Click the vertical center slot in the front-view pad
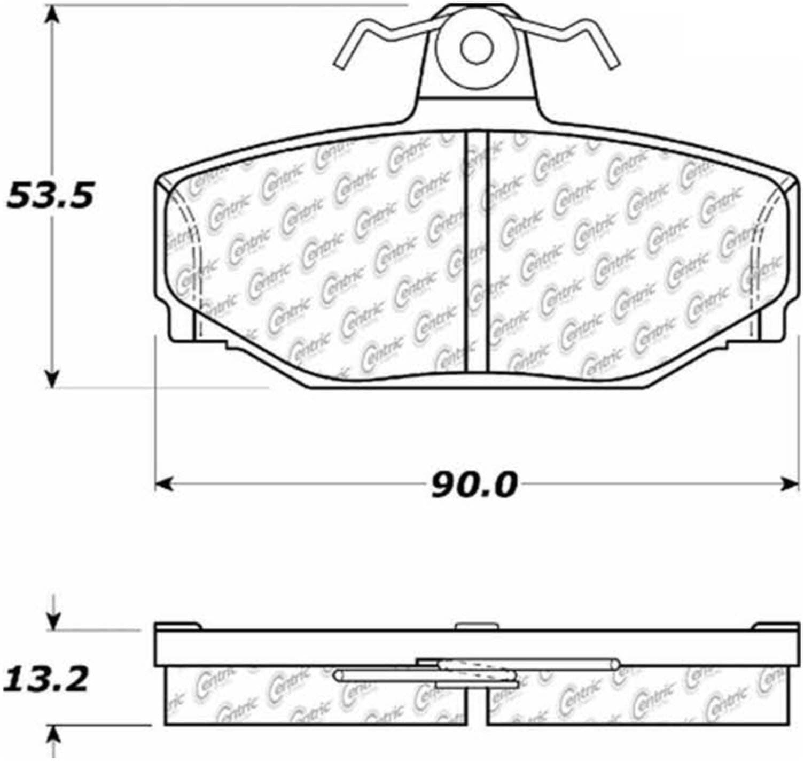click(477, 251)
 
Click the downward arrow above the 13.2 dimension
click(52, 620)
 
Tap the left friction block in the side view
click(315, 701)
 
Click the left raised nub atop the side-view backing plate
click(178, 626)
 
